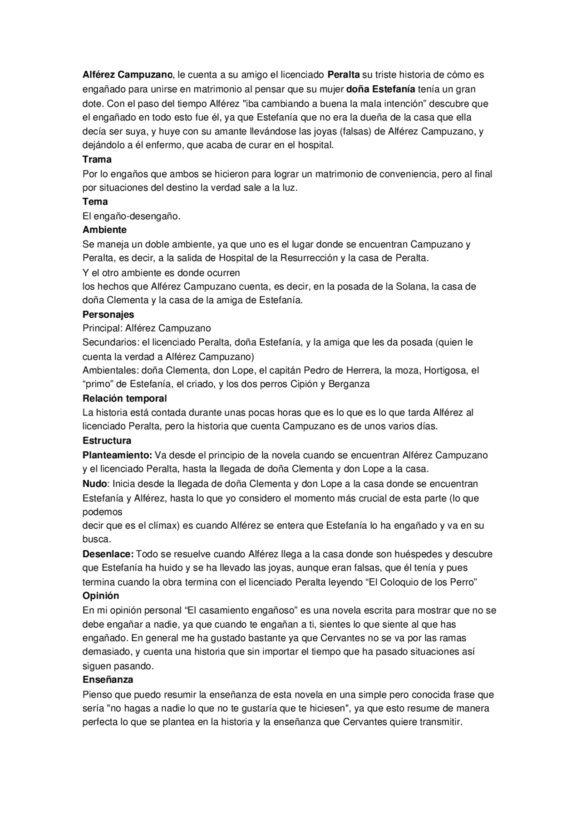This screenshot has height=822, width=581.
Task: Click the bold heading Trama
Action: click(97, 159)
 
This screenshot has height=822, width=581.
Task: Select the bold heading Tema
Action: click(95, 202)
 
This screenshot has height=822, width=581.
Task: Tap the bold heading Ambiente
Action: click(104, 230)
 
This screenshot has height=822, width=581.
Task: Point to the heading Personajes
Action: click(108, 314)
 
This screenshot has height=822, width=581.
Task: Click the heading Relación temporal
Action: click(124, 398)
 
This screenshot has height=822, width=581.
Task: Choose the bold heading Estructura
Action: click(107, 440)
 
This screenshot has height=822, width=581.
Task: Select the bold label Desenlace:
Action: click(108, 554)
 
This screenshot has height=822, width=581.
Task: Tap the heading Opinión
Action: click(101, 596)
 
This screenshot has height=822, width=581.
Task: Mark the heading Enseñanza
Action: click(108, 679)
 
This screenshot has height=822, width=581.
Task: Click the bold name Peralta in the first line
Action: click(344, 74)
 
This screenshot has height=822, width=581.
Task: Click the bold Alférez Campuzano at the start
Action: click(128, 74)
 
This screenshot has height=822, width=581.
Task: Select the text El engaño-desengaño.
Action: click(131, 216)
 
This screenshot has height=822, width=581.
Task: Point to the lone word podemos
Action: click(102, 512)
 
